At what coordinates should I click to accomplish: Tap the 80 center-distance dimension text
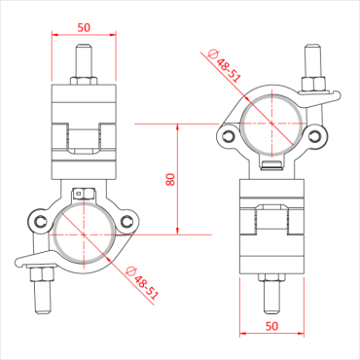coord(172,180)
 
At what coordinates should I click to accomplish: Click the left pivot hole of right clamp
coord(229,136)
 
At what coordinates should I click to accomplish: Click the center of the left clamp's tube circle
coord(85,234)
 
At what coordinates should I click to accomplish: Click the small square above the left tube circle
coord(85,193)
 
